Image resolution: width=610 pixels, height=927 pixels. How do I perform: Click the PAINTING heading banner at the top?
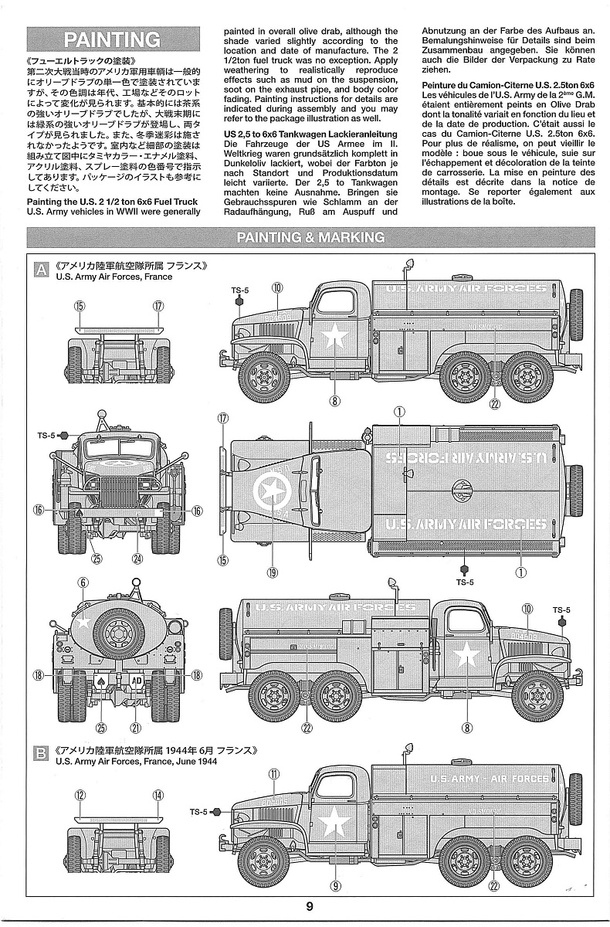tap(113, 40)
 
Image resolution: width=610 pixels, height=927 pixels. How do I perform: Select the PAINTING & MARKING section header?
tap(310, 237)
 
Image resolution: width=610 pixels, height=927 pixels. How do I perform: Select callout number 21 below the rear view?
tap(136, 727)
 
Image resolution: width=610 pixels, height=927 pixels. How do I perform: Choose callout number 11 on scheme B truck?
tap(273, 772)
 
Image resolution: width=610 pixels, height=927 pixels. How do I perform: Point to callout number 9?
tap(335, 886)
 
